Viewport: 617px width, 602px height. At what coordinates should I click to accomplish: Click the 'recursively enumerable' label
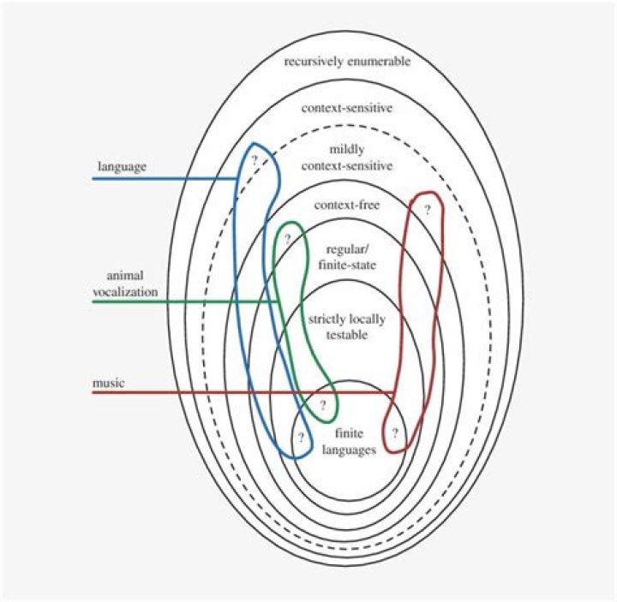[336, 63]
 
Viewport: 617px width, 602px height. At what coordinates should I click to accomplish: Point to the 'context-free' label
[346, 206]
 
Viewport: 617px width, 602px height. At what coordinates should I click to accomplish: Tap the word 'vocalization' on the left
[128, 292]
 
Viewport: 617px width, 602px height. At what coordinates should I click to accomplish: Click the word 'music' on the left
[108, 383]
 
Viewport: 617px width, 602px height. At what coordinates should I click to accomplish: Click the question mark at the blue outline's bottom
[301, 437]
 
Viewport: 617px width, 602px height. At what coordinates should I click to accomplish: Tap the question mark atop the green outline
[288, 238]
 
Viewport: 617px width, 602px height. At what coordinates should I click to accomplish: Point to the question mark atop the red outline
[426, 208]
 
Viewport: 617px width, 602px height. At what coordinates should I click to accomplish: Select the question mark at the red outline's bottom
[394, 433]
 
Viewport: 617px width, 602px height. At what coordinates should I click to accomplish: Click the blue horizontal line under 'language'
[163, 179]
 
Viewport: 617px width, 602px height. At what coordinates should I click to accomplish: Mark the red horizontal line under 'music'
[240, 394]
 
